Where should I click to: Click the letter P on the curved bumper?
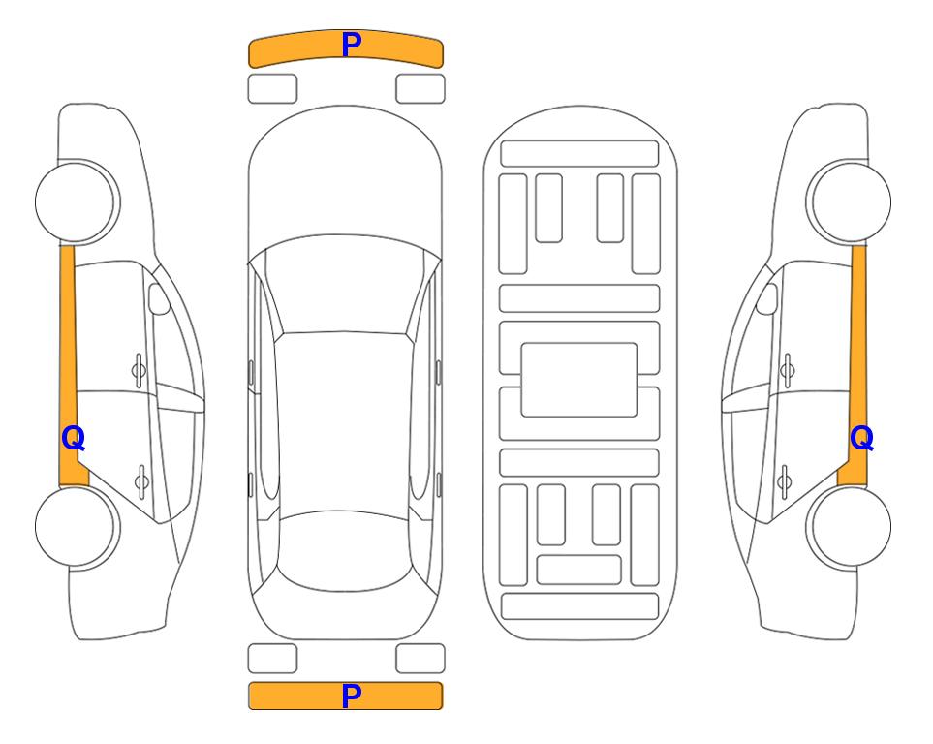(352, 45)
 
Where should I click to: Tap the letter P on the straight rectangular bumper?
(352, 696)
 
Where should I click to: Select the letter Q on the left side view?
(74, 439)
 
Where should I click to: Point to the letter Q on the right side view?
(861, 439)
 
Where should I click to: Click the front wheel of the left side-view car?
(77, 201)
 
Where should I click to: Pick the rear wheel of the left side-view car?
(77, 526)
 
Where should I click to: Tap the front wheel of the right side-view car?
(850, 201)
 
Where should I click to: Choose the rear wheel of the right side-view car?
(850, 526)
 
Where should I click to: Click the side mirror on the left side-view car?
(158, 298)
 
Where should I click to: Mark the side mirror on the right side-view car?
(767, 298)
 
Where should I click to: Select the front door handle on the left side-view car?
(139, 370)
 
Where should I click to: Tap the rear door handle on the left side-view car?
(141, 480)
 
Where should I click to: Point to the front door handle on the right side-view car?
(788, 370)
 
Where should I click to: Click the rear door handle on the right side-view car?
(784, 480)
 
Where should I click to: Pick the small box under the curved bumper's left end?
(272, 89)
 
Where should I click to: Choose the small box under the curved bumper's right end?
(420, 89)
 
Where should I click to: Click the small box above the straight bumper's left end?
(272, 659)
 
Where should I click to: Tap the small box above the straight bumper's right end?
(420, 659)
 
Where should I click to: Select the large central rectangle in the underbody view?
(579, 380)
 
